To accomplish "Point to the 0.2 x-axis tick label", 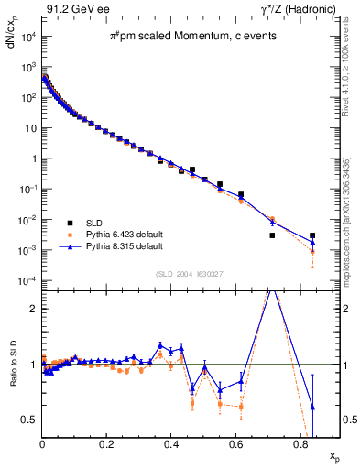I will pos(106,447).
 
